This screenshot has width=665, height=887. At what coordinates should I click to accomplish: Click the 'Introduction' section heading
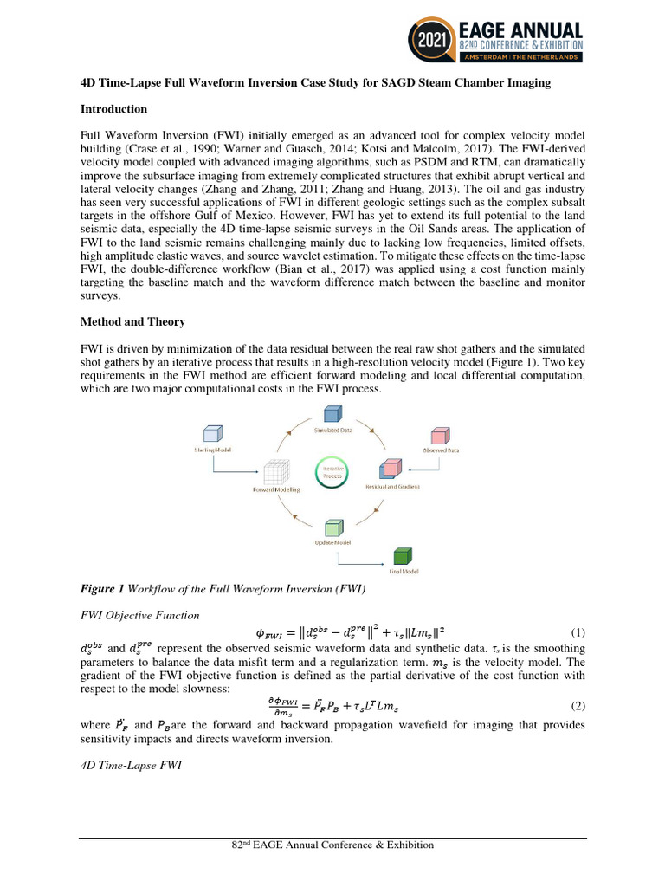pyautogui.click(x=113, y=109)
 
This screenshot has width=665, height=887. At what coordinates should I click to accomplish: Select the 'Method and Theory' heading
pyautogui.click(x=132, y=321)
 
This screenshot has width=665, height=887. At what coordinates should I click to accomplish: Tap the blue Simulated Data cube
pyautogui.click(x=332, y=415)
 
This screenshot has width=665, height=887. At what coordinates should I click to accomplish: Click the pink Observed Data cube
pyautogui.click(x=440, y=435)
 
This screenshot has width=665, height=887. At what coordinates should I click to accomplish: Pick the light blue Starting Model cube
pyautogui.click(x=212, y=434)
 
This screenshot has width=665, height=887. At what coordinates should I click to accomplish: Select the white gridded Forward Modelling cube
pyautogui.click(x=275, y=472)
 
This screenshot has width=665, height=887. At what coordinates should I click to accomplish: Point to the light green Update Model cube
pyautogui.click(x=332, y=528)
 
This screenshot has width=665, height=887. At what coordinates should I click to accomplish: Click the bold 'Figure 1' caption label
pyautogui.click(x=102, y=590)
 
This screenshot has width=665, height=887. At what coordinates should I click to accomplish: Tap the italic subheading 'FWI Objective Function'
pyautogui.click(x=139, y=615)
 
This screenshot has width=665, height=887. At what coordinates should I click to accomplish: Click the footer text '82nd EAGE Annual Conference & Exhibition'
pyautogui.click(x=332, y=845)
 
